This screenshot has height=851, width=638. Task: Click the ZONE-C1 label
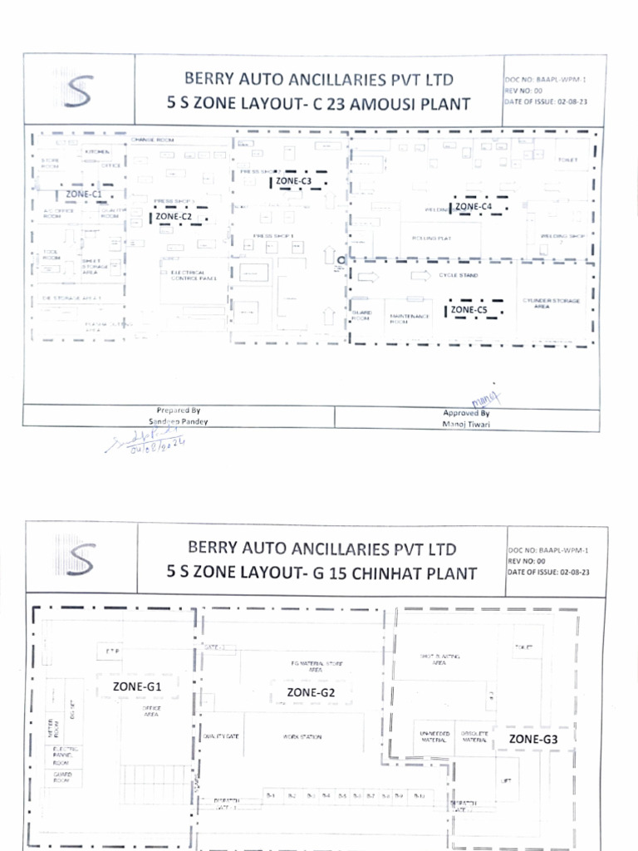(x=83, y=194)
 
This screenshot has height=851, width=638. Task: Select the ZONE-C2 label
(x=174, y=217)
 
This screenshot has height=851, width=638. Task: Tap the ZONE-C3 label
(x=294, y=181)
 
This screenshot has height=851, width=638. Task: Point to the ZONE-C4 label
(x=474, y=206)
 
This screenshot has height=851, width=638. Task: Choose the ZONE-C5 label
(x=469, y=310)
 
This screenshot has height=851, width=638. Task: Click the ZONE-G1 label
(x=137, y=687)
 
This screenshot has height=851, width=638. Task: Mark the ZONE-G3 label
(x=533, y=739)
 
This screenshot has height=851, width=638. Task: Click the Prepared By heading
(x=178, y=410)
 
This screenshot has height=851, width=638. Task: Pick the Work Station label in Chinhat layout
(x=302, y=737)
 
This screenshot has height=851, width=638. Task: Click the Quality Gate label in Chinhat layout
(x=221, y=737)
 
